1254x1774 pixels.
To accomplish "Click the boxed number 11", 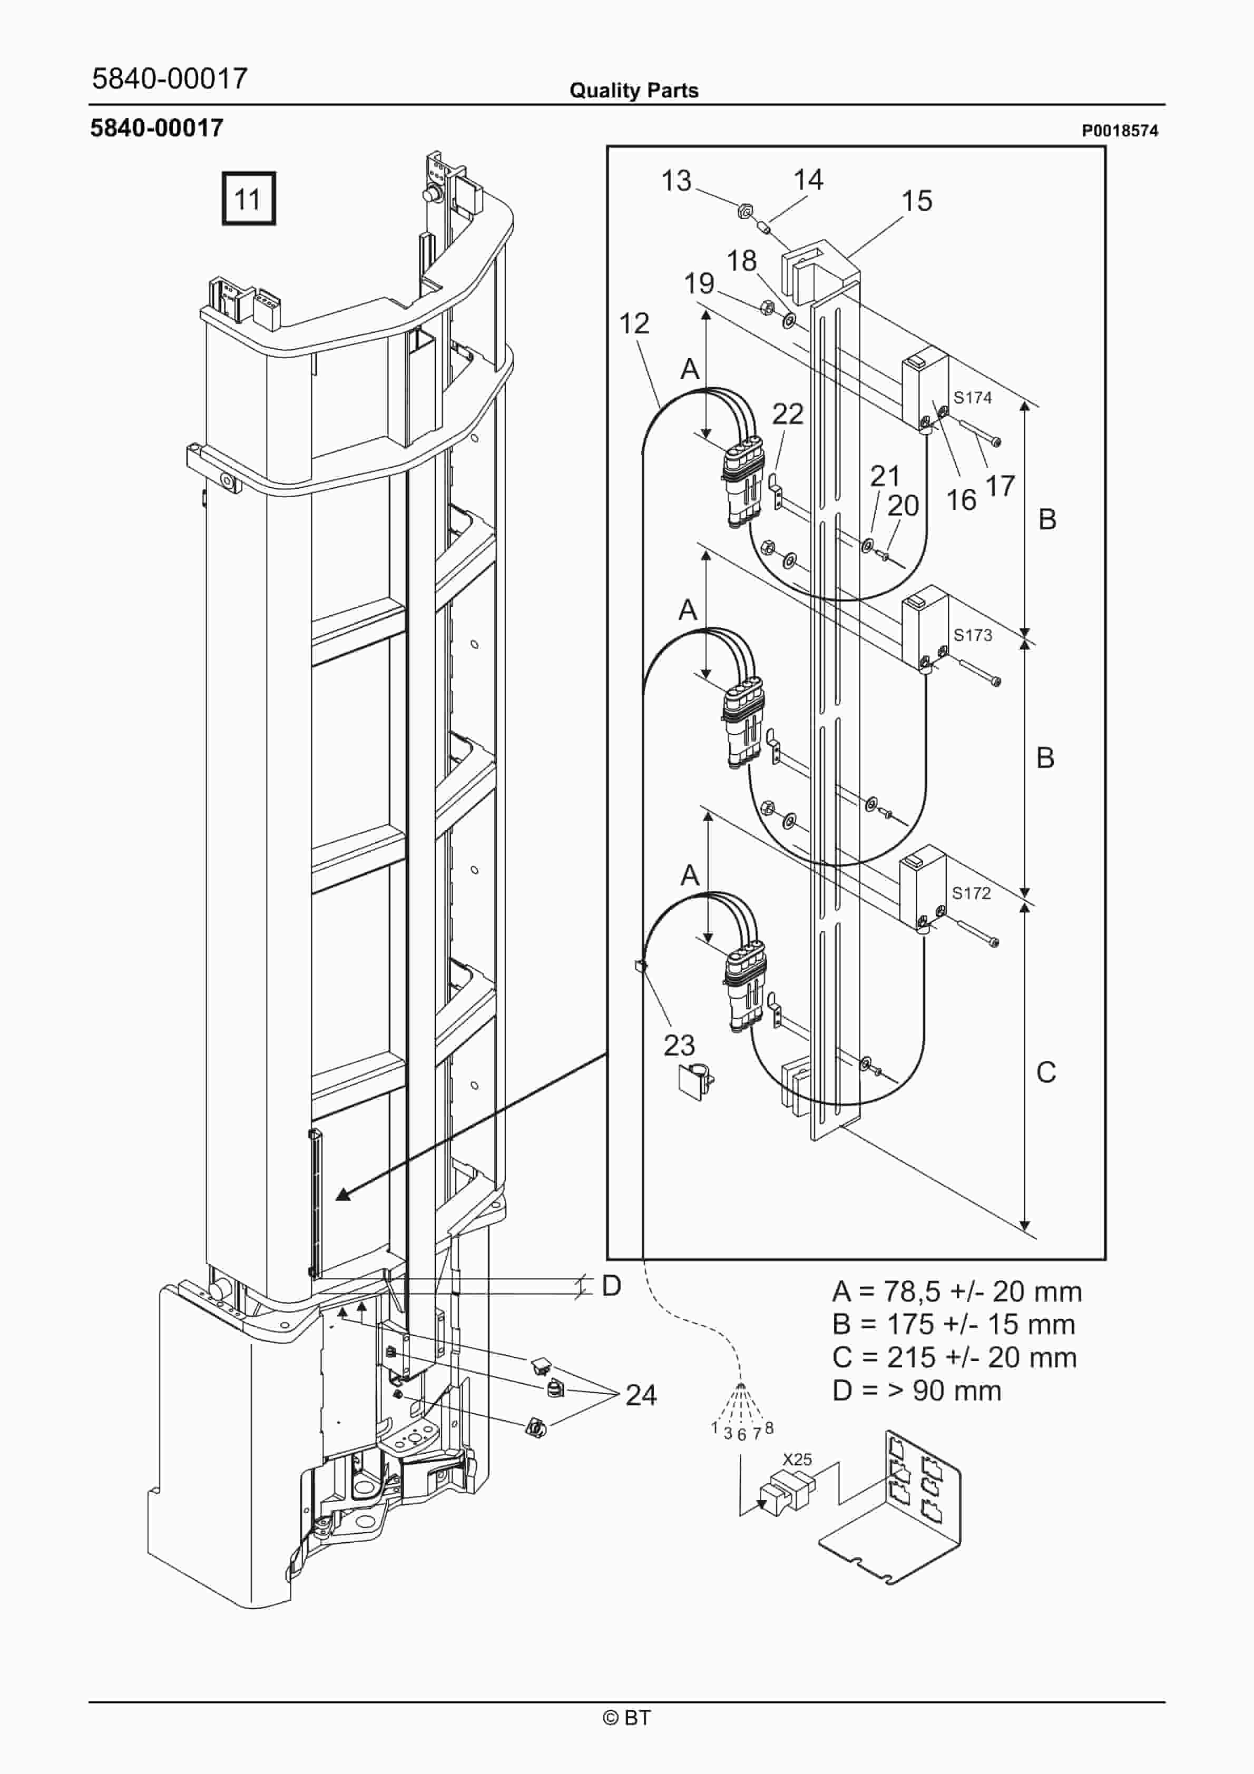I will (x=248, y=199).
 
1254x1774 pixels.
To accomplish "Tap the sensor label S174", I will (x=972, y=397).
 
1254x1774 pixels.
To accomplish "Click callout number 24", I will (x=641, y=1395).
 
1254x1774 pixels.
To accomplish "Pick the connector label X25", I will (x=797, y=1459).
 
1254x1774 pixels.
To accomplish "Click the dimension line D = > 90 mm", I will (x=916, y=1391).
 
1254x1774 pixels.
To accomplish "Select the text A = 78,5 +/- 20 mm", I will (x=956, y=1291).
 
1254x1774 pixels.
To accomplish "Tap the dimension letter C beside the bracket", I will (x=1045, y=1072).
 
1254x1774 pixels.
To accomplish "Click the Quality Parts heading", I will (x=633, y=91).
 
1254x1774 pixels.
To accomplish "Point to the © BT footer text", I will (x=626, y=1718).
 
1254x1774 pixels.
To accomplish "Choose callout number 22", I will (x=787, y=414).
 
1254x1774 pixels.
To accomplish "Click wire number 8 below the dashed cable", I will (x=769, y=1428).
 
